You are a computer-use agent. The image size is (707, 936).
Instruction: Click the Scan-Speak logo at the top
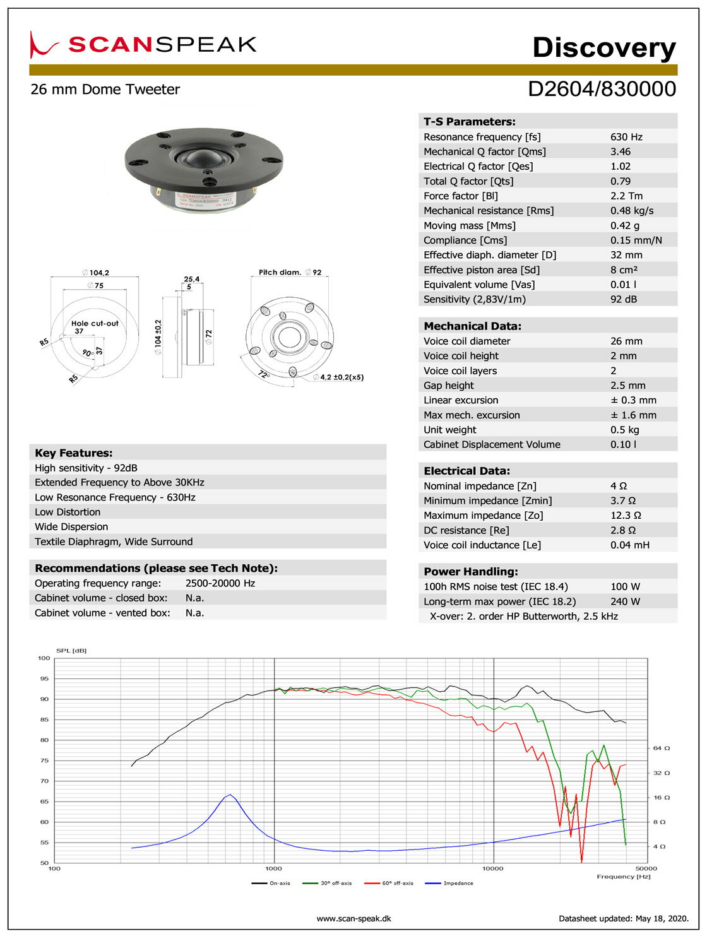[x=144, y=44]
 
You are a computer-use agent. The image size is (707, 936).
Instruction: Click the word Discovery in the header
[x=603, y=47]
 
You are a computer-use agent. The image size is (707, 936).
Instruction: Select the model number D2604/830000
[x=602, y=89]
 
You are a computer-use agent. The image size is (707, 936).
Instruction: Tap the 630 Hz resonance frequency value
[x=626, y=137]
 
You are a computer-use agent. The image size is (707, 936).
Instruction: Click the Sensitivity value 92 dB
[x=624, y=299]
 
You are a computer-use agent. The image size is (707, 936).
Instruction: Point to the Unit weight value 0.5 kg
[x=624, y=430]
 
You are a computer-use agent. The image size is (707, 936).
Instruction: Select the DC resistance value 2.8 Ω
[x=622, y=530]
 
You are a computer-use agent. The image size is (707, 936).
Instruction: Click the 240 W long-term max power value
[x=625, y=601]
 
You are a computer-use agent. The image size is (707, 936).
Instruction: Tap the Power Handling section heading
[x=471, y=572]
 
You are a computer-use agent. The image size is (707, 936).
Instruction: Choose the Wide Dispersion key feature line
[x=71, y=527]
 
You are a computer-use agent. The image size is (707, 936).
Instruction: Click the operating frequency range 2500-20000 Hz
[x=220, y=583]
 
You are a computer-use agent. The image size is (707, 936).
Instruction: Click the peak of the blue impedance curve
[x=230, y=795]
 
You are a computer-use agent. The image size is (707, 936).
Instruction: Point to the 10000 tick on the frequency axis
[x=493, y=868]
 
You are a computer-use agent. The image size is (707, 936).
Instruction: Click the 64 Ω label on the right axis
[x=661, y=748]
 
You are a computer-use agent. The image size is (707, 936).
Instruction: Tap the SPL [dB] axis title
[x=71, y=650]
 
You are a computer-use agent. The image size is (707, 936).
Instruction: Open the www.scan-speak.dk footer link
[x=353, y=918]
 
